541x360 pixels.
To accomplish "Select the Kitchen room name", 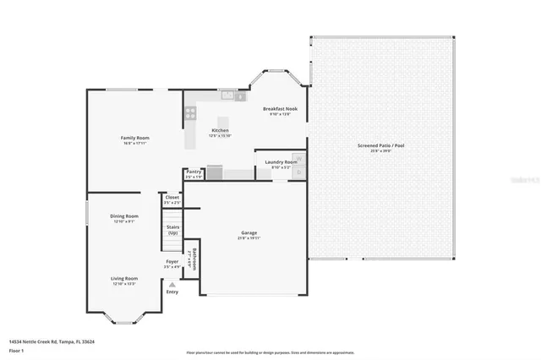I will [x=221, y=130].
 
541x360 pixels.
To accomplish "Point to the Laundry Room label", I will [x=280, y=161].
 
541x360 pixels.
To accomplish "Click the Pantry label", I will [x=194, y=172].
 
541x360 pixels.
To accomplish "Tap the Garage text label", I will [x=249, y=232].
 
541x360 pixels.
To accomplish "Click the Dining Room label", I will [x=123, y=216].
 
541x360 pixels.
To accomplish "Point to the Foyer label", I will [x=172, y=262].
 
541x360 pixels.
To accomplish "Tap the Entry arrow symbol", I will [x=172, y=284].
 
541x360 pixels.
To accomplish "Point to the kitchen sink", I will [x=227, y=95].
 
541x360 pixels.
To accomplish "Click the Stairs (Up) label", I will [x=172, y=230].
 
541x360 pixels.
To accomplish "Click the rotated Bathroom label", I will [x=194, y=259].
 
